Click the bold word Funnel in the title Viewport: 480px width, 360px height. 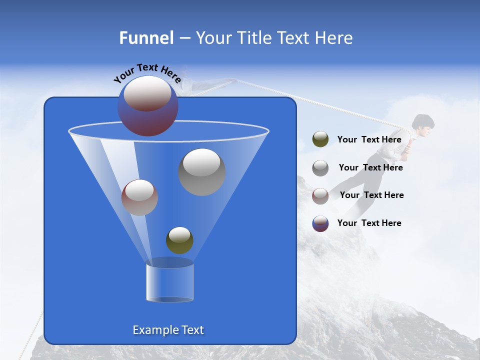pos(146,38)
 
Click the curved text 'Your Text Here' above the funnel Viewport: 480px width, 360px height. pos(147,73)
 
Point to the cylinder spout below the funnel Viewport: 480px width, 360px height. pos(169,282)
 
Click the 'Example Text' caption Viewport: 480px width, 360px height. pos(168,330)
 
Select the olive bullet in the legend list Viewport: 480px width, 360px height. pos(320,139)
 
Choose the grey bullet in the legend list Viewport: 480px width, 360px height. pos(320,167)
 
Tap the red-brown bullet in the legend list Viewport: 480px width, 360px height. pos(320,195)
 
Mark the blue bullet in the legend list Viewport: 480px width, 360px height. pos(320,223)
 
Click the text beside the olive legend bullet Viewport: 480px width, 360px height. pos(369,139)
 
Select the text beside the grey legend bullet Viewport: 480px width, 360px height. pos(370,167)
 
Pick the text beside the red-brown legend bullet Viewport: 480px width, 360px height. pos(371,195)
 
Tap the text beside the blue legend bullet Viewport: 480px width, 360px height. pos(369,223)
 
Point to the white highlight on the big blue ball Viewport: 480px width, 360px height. pos(147,93)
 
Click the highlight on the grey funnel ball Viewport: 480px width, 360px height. pos(202,163)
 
